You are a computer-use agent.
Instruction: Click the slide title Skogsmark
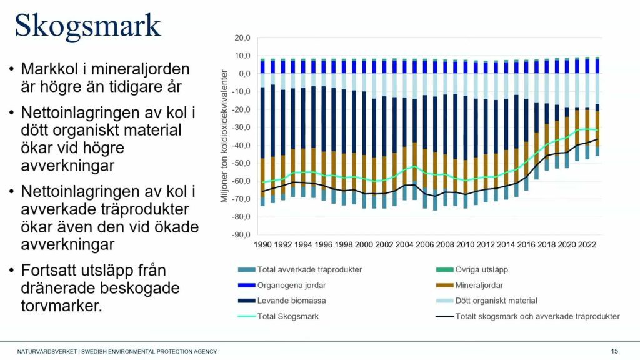tap(88, 26)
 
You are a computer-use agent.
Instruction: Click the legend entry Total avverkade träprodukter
tap(309, 270)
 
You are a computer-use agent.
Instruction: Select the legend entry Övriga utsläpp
tap(481, 270)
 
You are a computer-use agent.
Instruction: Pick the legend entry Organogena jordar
tap(291, 286)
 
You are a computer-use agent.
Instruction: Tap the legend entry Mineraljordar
tap(480, 286)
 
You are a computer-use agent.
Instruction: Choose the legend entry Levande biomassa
tap(291, 301)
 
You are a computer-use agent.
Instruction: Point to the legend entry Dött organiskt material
tap(496, 301)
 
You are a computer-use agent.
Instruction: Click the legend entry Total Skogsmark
tap(287, 316)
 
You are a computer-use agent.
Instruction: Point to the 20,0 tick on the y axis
tap(242, 38)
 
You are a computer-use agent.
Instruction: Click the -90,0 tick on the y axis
tap(241, 236)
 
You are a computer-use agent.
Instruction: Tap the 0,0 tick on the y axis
tap(244, 74)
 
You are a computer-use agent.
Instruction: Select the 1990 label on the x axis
tap(262, 246)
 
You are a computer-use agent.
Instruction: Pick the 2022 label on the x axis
tap(586, 246)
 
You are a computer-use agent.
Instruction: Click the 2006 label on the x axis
tap(424, 246)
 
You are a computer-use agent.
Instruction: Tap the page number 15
tap(614, 351)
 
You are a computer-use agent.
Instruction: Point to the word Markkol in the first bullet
tap(47, 69)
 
